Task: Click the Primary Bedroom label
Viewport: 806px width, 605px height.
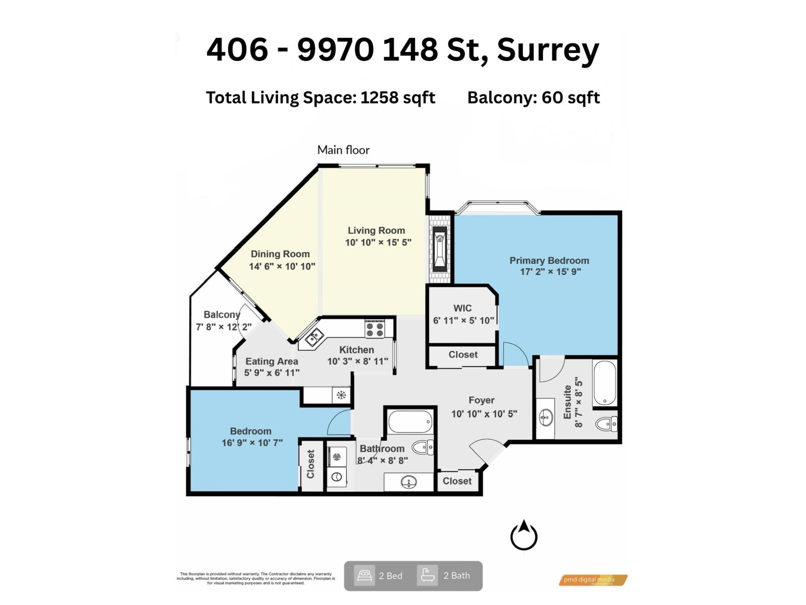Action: tap(549, 261)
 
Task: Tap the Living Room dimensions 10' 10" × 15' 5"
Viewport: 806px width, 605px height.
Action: tap(378, 243)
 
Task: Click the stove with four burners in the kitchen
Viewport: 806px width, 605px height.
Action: tap(375, 329)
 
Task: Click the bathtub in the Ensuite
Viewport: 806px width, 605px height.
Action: tap(604, 383)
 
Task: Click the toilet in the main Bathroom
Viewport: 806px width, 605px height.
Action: tap(422, 447)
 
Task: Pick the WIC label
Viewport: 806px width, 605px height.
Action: tap(462, 308)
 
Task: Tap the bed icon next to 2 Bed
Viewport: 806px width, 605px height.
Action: tap(364, 575)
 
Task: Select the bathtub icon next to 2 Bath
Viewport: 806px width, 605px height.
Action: tap(427, 575)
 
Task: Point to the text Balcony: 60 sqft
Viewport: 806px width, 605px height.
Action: tap(533, 97)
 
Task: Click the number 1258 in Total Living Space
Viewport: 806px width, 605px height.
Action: tap(379, 97)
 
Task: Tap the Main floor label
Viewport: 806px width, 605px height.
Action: tap(343, 150)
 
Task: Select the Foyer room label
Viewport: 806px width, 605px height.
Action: tap(481, 400)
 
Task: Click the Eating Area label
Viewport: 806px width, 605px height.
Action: tap(272, 361)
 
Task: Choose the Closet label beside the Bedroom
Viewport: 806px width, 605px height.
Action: tap(310, 464)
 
